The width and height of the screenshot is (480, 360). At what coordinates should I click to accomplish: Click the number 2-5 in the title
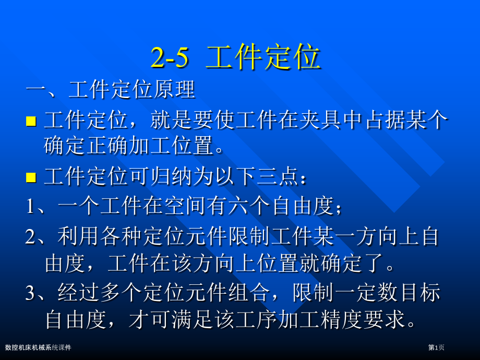[x=169, y=58]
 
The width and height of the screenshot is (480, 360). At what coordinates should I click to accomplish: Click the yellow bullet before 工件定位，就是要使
[x=31, y=122]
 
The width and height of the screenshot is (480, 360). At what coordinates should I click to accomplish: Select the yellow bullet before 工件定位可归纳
[x=31, y=177]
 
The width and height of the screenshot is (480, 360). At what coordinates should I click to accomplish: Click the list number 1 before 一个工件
[x=30, y=207]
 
